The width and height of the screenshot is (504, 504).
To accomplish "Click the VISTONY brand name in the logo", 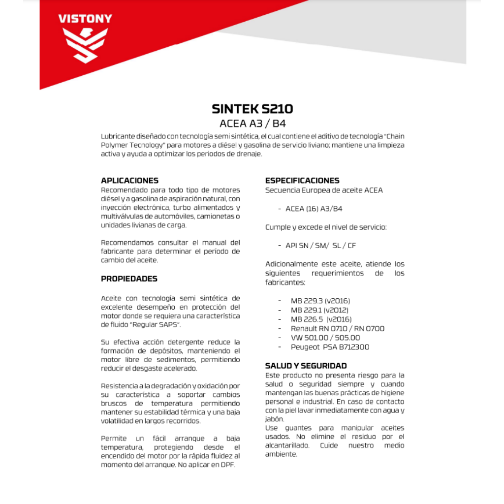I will (85, 19).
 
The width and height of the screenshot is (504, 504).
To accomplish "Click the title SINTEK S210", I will (252, 108).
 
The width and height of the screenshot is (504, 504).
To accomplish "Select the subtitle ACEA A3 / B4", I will (252, 123).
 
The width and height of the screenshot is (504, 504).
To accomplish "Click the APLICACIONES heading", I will (129, 181).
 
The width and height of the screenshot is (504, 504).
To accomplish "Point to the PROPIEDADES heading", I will (129, 279).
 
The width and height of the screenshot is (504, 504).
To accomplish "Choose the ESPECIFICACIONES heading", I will (302, 181).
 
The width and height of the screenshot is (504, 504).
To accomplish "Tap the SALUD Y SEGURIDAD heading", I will (306, 366).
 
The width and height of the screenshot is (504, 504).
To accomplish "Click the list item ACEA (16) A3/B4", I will (314, 209).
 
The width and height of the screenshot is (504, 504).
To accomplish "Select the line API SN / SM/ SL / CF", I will (320, 246).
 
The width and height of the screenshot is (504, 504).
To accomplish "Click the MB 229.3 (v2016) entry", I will (320, 301).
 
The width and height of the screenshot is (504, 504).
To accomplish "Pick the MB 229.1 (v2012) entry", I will (319, 310).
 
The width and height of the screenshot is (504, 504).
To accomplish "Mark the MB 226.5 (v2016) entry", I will (321, 319).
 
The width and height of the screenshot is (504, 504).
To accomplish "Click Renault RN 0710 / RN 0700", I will (337, 328).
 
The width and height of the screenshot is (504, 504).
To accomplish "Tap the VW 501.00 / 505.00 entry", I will (325, 338).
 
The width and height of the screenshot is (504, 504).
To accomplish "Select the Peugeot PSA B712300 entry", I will (330, 347).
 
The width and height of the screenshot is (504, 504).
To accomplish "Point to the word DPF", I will (228, 466).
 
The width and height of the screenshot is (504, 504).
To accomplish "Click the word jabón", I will (275, 419).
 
